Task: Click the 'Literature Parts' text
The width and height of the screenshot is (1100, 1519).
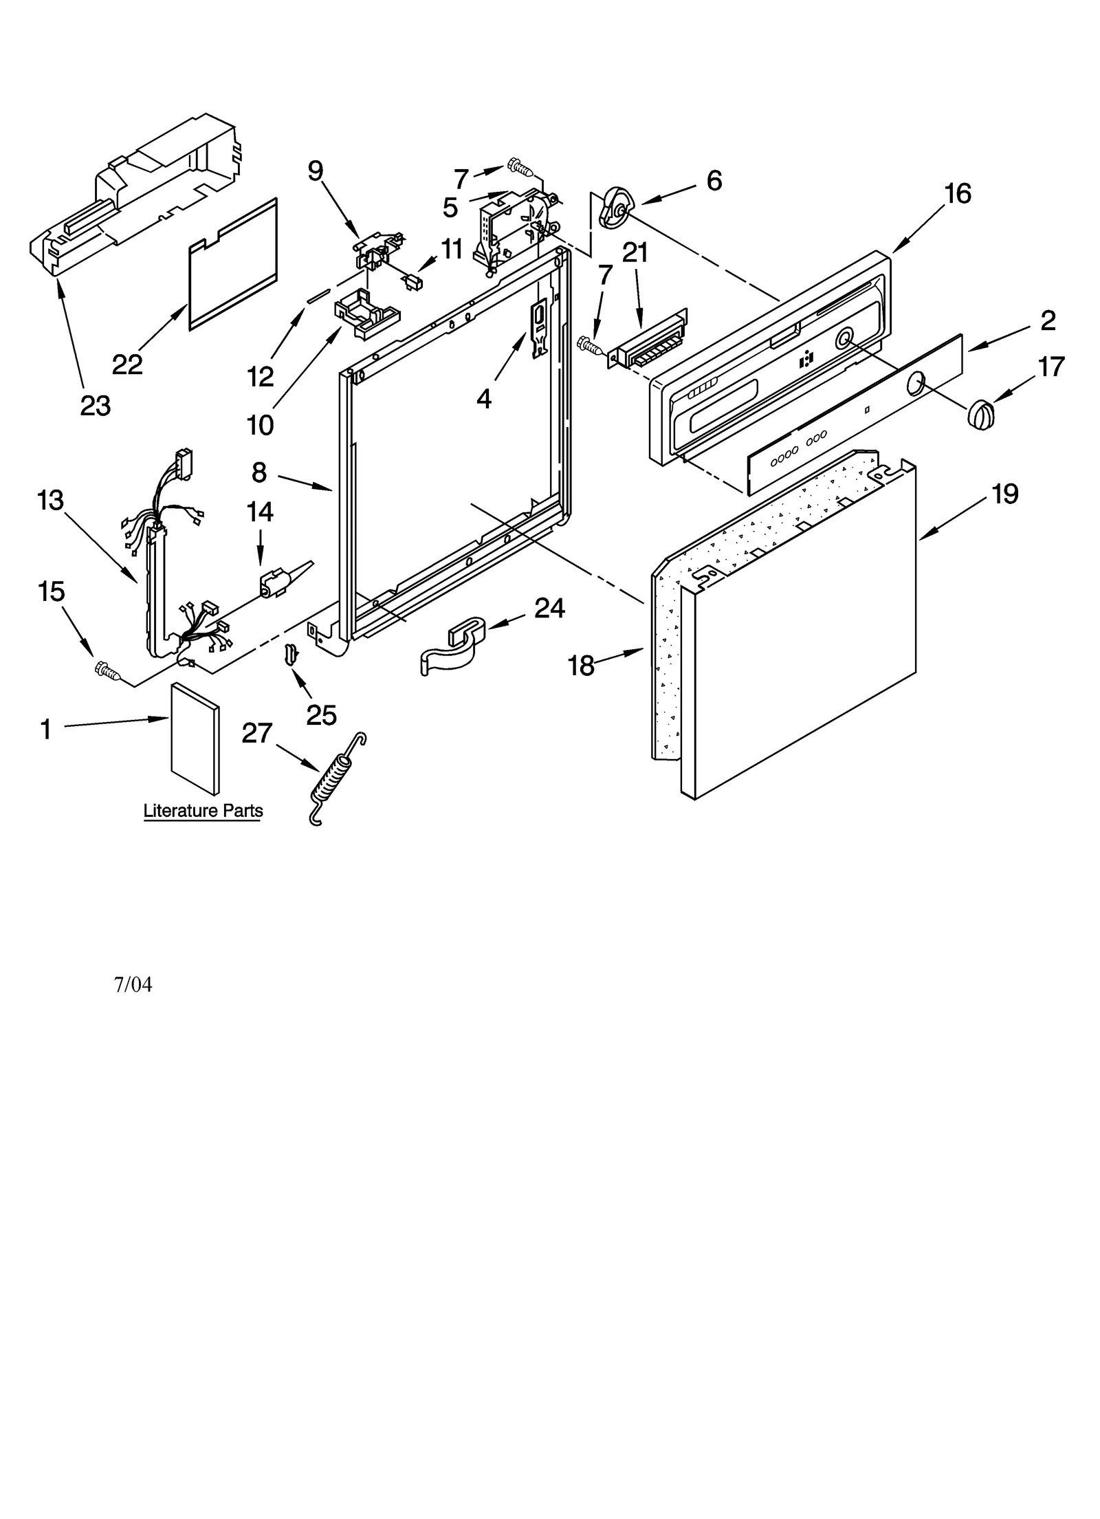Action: click(203, 811)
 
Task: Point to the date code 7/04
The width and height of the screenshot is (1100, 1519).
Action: click(133, 985)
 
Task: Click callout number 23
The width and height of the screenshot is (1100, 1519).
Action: click(95, 406)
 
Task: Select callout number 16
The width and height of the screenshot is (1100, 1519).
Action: click(957, 194)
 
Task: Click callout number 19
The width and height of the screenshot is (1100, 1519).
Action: click(1004, 494)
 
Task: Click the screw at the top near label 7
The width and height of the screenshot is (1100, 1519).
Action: click(520, 166)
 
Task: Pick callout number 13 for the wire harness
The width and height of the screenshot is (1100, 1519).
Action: click(49, 501)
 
